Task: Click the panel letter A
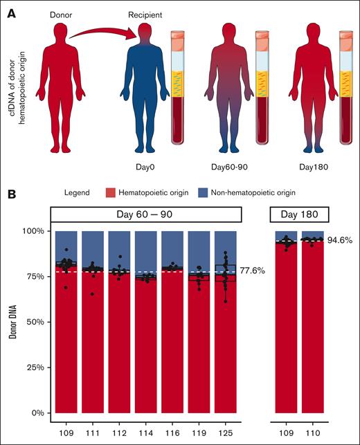tap(10, 12)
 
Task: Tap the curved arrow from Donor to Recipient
tap(105, 35)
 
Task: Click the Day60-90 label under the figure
tap(231, 166)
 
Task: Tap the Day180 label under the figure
tap(315, 166)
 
